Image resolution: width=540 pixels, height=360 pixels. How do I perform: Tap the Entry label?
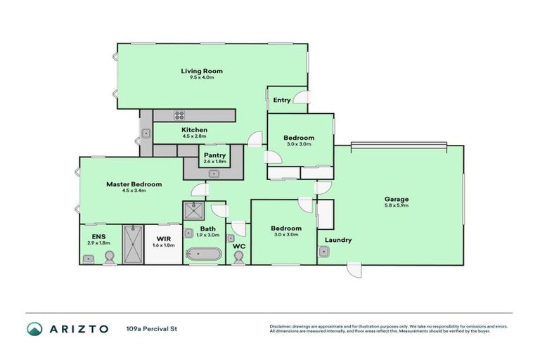click(x=282, y=100)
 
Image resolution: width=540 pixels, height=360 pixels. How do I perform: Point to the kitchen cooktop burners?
click(x=179, y=116)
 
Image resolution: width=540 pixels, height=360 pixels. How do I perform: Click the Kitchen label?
click(x=194, y=130)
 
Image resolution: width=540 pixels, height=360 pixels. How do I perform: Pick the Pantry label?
click(x=214, y=155)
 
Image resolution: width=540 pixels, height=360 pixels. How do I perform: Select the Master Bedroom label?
click(x=134, y=184)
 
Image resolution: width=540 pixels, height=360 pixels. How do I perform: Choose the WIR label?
click(x=164, y=238)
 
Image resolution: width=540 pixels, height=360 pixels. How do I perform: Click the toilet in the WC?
click(x=238, y=258)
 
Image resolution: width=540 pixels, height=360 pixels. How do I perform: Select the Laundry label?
click(x=337, y=240)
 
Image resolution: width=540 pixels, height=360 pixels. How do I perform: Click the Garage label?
click(x=397, y=199)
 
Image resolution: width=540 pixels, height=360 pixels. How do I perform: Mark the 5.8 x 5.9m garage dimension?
click(x=397, y=206)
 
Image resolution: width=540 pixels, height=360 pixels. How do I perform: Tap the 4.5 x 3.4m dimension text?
click(x=134, y=191)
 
